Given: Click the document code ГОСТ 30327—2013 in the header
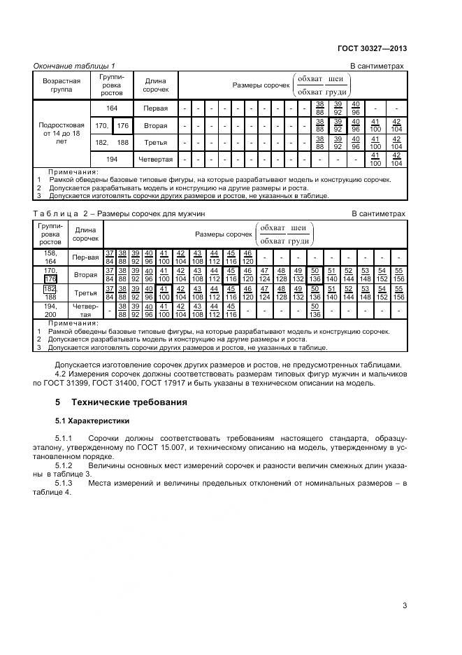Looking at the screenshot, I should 371,48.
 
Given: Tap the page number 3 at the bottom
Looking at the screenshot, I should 404,606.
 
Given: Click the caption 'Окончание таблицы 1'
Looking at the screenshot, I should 75,66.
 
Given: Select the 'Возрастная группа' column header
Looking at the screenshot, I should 62,85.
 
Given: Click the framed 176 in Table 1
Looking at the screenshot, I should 124,126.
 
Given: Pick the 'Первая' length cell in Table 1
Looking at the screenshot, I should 155,109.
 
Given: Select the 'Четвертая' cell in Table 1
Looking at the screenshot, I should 155,160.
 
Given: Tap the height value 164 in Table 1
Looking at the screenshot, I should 112,109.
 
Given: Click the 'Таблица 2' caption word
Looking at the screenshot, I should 59,213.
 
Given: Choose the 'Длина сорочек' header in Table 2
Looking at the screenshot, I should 85,233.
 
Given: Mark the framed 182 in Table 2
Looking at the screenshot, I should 50,288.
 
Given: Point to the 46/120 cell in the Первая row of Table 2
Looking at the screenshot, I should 247,257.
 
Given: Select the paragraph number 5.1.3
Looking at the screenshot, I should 64,483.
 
